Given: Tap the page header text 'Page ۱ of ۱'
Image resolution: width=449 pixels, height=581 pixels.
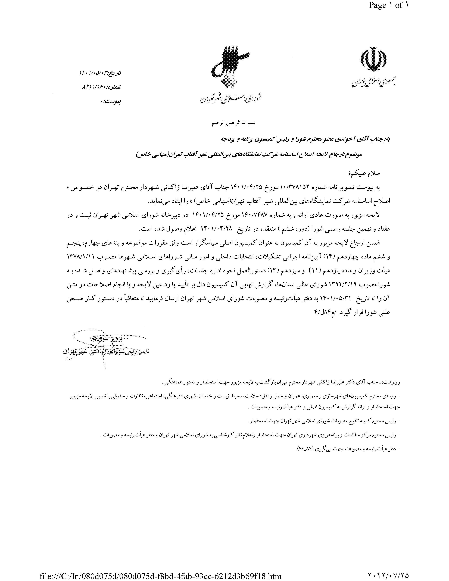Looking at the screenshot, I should coord(388,5).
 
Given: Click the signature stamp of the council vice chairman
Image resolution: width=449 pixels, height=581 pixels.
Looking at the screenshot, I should coord(106,346).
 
